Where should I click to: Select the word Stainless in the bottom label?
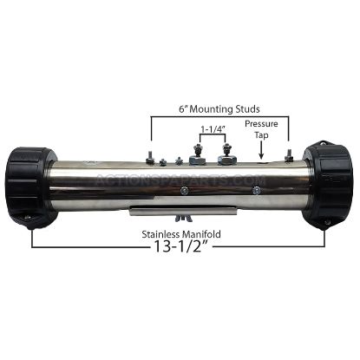coord(160,234)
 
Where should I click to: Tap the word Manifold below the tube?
coord(201,234)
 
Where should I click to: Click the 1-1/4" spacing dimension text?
coord(213,129)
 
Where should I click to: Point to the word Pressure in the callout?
coord(261,124)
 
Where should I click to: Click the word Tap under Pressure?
coord(261,135)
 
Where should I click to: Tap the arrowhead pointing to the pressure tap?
coord(261,155)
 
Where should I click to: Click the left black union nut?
coord(31,188)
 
